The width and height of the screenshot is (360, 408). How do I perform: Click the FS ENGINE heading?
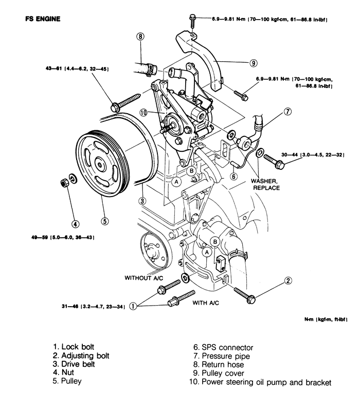click(43, 19)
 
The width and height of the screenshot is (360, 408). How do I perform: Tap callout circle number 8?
click(140, 37)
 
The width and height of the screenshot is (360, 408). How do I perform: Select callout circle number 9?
click(254, 63)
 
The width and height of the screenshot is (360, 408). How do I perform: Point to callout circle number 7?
click(287, 112)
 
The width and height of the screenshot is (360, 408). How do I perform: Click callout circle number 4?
click(76, 224)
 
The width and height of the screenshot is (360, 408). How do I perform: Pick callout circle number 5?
click(104, 221)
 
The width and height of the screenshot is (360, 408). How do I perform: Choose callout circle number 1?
click(133, 306)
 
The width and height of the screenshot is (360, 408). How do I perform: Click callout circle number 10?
click(144, 113)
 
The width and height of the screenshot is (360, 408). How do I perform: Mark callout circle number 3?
click(142, 201)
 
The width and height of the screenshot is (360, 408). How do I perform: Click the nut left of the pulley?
click(64, 183)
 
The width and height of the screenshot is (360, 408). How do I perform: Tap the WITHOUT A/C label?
click(144, 278)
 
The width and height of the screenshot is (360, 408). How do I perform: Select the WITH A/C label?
click(206, 303)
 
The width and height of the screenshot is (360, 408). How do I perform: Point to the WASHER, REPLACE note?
click(265, 184)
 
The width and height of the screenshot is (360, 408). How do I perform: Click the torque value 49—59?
click(37, 238)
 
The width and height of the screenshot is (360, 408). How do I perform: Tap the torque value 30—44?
click(290, 155)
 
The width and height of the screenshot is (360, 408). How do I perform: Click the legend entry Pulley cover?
click(219, 373)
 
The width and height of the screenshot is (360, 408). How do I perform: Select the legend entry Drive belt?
click(74, 364)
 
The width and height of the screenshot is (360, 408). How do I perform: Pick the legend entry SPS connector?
click(223, 348)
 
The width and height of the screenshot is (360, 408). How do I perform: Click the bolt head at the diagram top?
click(192, 17)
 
